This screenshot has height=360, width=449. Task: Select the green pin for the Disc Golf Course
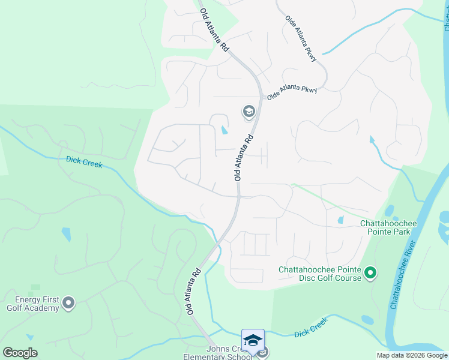point(370,274)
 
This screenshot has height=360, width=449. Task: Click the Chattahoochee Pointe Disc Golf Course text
point(320,274)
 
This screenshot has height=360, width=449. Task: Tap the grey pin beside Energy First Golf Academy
point(68,304)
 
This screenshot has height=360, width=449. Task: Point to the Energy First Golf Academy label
point(32,304)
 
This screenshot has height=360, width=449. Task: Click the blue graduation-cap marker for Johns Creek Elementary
point(253,340)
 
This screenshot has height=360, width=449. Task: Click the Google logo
point(20,352)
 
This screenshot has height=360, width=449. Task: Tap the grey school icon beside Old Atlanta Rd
point(249,112)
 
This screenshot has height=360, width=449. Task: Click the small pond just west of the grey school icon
point(224,130)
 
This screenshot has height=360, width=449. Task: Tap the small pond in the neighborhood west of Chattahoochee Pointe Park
point(340,220)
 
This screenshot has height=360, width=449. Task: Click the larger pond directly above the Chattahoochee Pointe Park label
point(390,211)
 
